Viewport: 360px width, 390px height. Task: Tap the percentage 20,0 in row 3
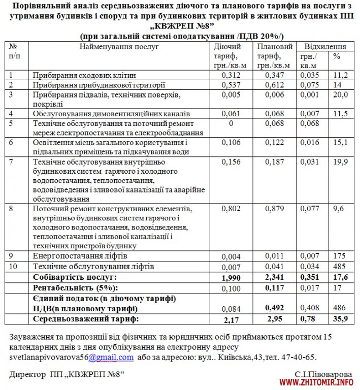(x=340, y=95)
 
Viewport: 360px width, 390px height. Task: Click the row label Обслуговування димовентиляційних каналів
(x=111, y=113)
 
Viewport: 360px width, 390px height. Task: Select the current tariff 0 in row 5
(x=231, y=123)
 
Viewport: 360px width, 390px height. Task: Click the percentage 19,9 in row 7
(x=340, y=162)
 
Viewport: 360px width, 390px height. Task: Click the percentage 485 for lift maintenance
(x=340, y=266)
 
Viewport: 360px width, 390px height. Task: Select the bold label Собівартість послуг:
(x=75, y=277)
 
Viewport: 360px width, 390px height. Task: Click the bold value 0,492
(x=274, y=307)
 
